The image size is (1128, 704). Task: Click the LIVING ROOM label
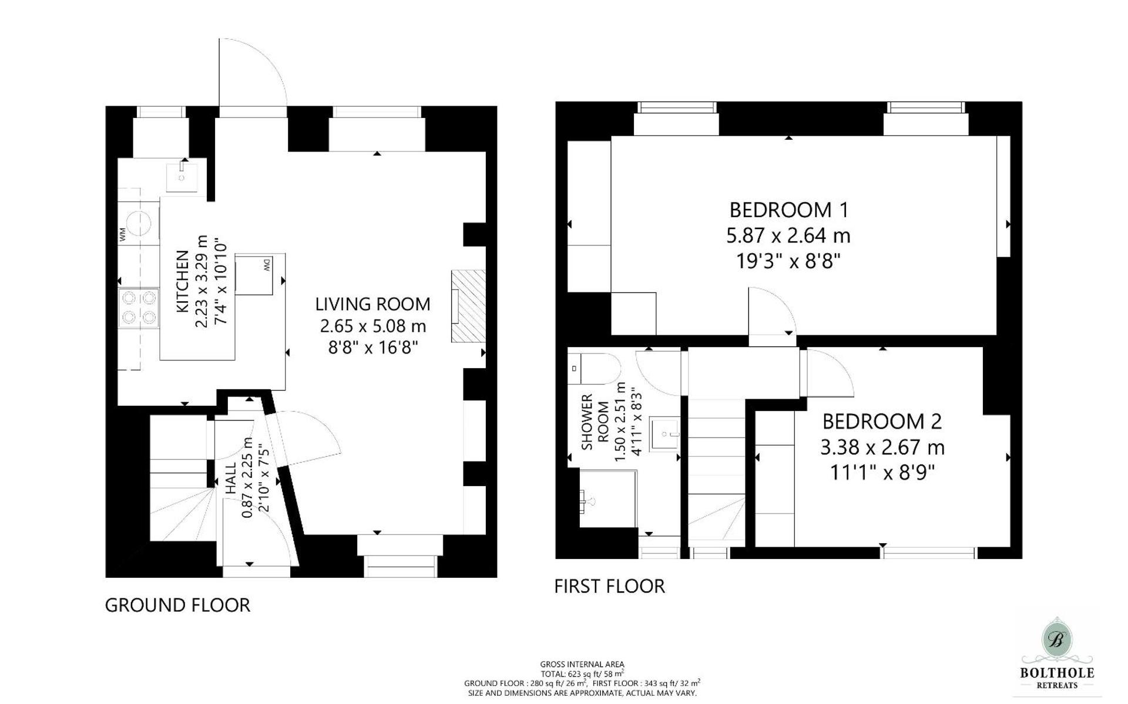coord(372,304)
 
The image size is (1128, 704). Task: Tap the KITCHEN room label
coord(183,281)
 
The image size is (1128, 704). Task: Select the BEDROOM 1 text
coord(788,210)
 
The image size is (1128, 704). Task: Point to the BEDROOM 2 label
coord(881,422)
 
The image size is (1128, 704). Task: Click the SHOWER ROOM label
coord(594,422)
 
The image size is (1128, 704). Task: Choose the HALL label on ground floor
coord(231,477)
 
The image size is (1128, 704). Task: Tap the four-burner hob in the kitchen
coord(139,308)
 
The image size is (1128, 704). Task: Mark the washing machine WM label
coord(123,235)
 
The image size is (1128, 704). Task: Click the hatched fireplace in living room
coord(468,306)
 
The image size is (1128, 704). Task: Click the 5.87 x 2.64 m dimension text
coord(788,235)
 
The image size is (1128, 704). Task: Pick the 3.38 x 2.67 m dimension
coord(882,447)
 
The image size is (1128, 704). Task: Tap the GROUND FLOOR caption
coord(177,605)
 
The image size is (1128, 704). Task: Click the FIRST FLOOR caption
coord(609,586)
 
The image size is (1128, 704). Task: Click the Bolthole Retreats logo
coord(1056,655)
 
